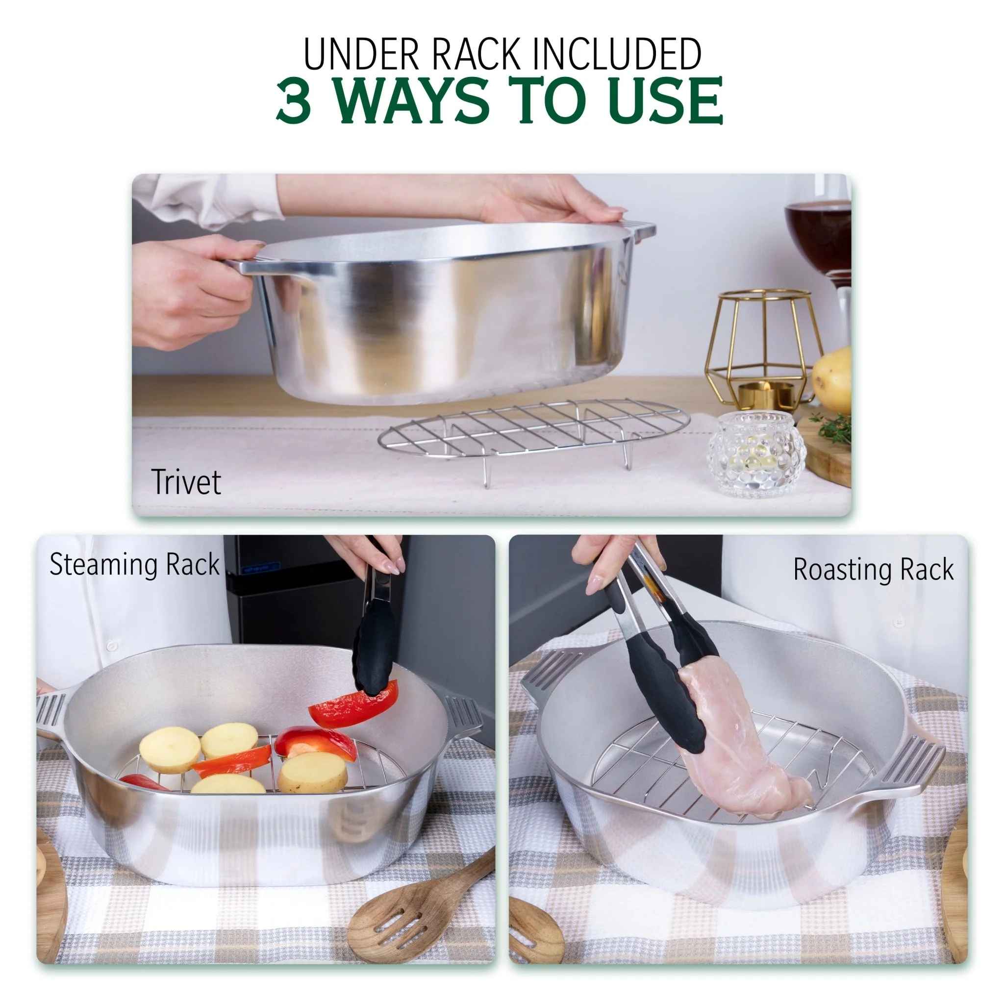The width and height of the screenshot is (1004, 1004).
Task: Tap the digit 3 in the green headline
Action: (x=294, y=100)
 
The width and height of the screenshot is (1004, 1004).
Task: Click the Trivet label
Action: (x=185, y=482)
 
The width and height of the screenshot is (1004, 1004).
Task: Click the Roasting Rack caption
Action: (x=873, y=570)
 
